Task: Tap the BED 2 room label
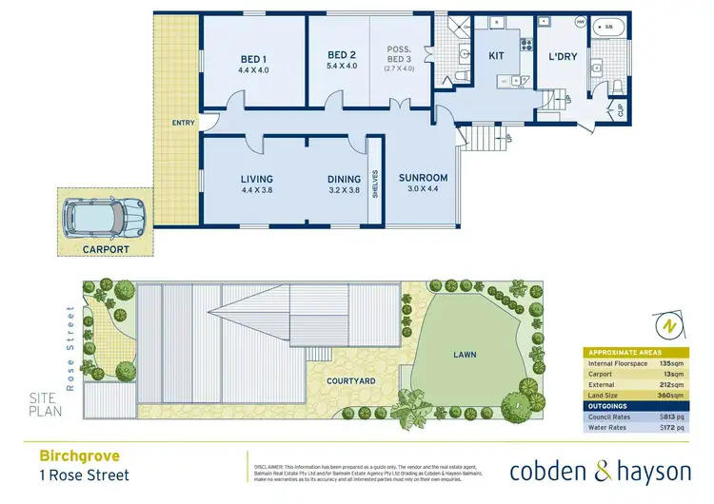(x=341, y=56)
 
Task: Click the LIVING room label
(x=257, y=179)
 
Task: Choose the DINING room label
(x=344, y=179)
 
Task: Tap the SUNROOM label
(x=418, y=178)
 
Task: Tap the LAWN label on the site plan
(x=466, y=356)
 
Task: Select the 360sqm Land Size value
(x=674, y=394)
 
